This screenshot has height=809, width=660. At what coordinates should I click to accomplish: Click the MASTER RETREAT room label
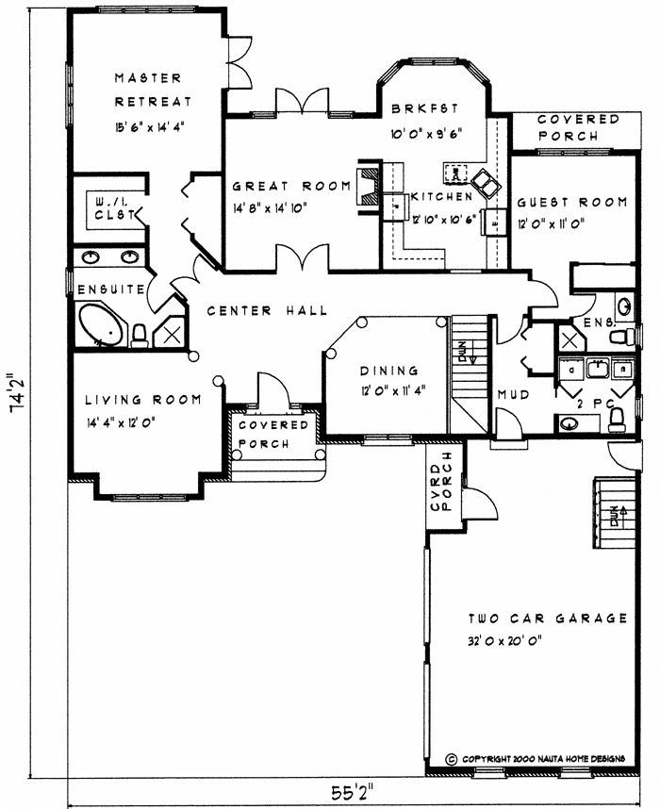(148, 89)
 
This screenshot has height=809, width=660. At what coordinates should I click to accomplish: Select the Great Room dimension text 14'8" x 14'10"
(277, 208)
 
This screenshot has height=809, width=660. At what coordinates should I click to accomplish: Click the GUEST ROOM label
(572, 202)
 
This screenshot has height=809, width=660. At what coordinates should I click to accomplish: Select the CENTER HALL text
(267, 310)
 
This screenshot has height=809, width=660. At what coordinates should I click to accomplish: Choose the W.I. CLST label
(114, 207)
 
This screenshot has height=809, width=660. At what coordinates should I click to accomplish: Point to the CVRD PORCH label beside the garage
(442, 487)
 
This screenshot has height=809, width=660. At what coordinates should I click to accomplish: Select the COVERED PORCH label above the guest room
(579, 127)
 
